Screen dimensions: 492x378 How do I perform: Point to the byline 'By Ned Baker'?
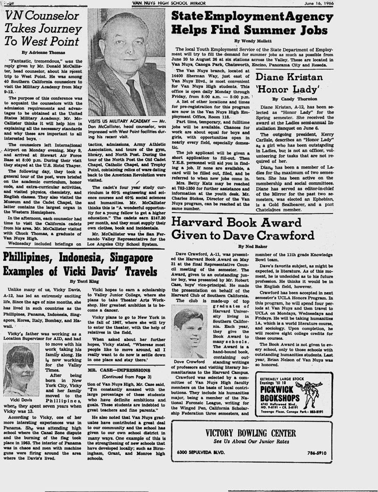pyautogui.click(x=250, y=246)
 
